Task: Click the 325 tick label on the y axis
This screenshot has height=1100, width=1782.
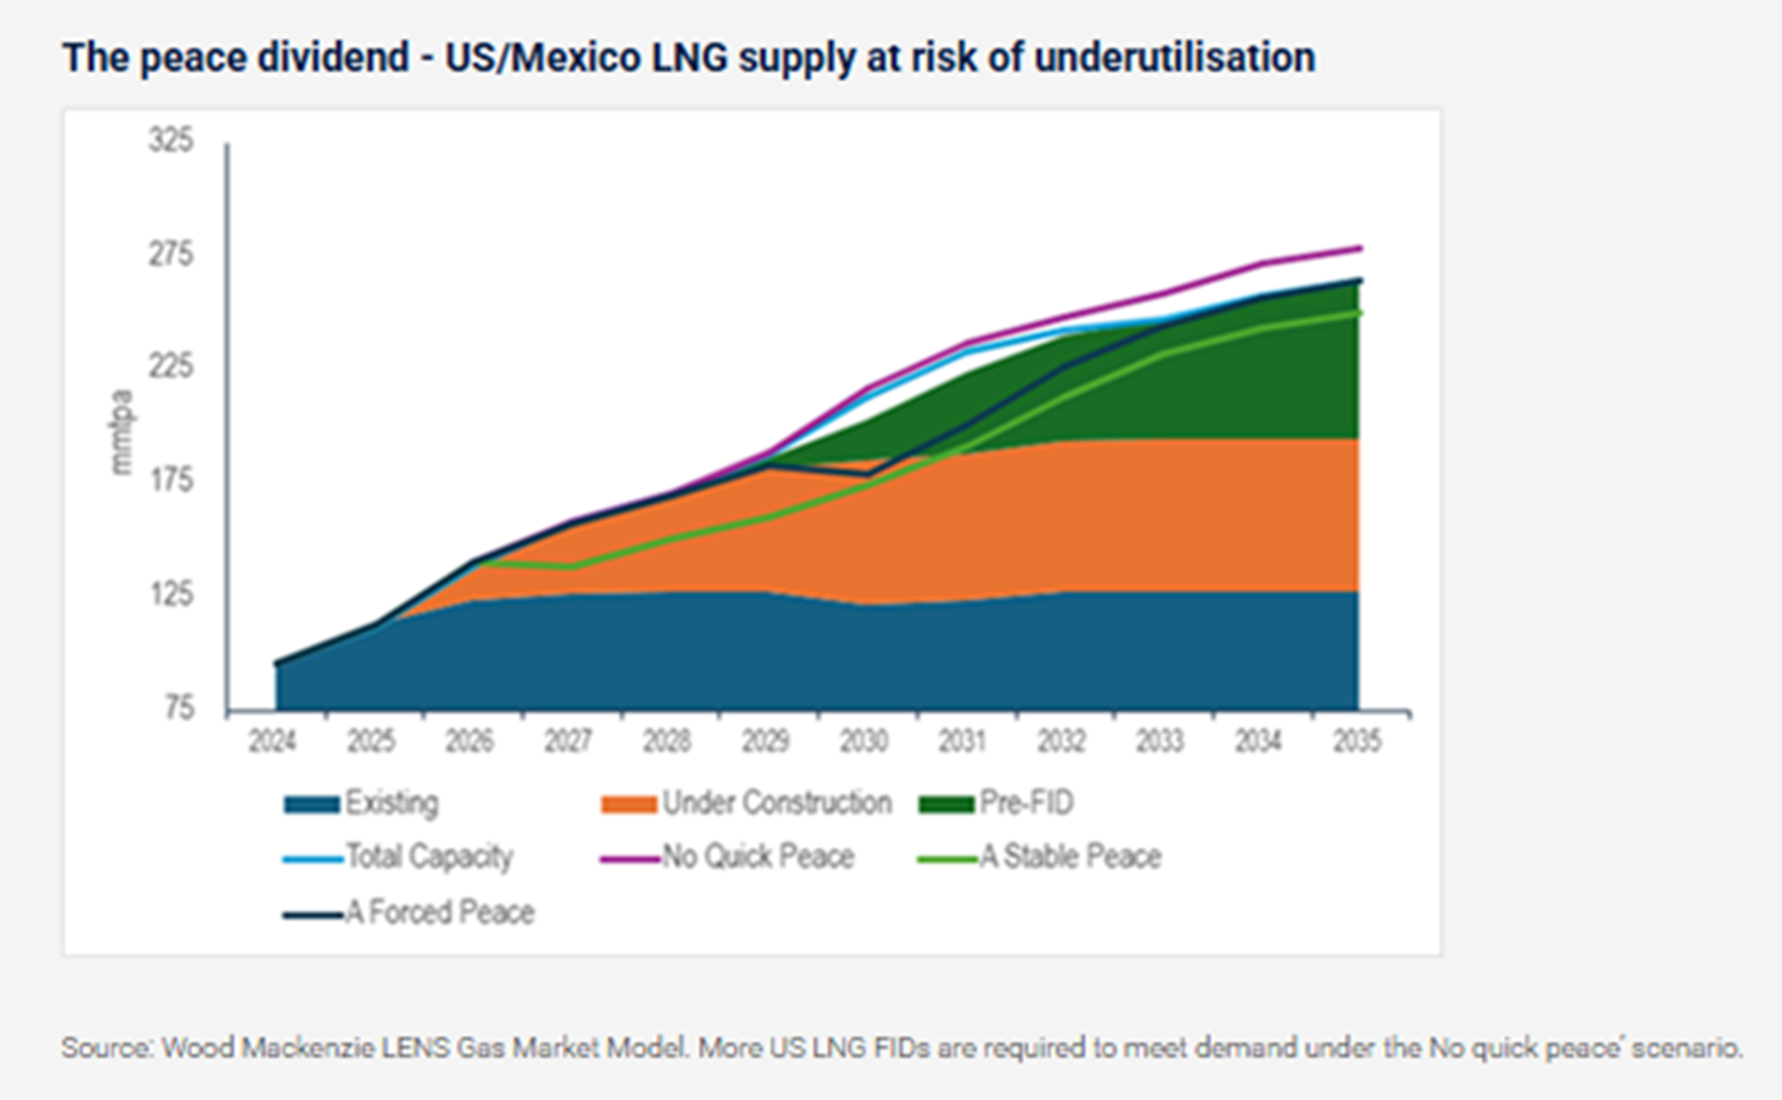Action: tap(171, 141)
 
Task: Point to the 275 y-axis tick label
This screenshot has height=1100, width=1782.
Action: tap(171, 254)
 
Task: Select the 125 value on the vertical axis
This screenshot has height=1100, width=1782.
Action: tap(171, 594)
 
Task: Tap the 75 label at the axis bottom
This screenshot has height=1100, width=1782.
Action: tap(179, 708)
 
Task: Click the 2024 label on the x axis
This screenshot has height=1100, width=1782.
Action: tap(272, 741)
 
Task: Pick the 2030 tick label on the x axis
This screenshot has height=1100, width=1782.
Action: tap(864, 741)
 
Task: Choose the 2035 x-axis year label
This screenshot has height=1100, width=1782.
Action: tap(1356, 741)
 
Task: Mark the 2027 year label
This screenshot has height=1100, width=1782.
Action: tap(568, 741)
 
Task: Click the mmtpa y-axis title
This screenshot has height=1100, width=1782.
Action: tap(121, 433)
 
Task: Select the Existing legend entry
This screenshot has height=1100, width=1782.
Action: tap(391, 802)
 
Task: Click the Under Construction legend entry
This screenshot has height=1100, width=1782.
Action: tap(776, 802)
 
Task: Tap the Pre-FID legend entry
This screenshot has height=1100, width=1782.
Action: tap(1026, 802)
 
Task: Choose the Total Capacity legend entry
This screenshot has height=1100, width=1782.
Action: tap(429, 856)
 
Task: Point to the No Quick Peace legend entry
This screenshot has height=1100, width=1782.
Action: tap(757, 856)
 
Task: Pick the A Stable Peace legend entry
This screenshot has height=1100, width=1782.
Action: tap(1070, 856)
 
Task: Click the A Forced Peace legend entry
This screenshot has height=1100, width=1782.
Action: tap(440, 912)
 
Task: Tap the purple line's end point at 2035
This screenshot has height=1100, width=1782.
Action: tap(1360, 248)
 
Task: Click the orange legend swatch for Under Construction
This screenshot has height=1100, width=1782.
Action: tap(629, 804)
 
